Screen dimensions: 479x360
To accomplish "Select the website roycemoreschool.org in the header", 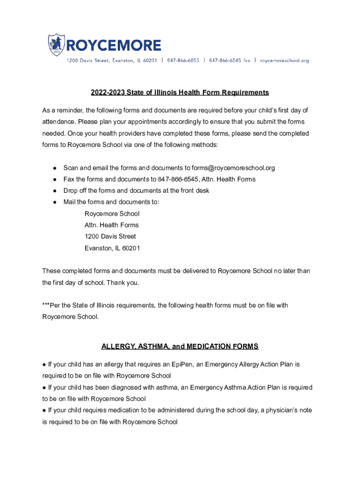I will click(x=284, y=60).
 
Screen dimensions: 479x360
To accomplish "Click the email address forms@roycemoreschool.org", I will click(x=233, y=168).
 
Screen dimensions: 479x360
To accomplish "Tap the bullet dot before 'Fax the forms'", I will click(x=55, y=179).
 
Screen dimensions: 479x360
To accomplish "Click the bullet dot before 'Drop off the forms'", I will click(x=55, y=191).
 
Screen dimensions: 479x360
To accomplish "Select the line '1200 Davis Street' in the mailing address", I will click(x=110, y=237).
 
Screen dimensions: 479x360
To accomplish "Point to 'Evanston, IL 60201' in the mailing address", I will click(x=112, y=248).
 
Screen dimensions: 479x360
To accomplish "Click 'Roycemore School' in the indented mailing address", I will click(x=112, y=214).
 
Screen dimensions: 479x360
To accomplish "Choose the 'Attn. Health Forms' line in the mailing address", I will click(x=112, y=225).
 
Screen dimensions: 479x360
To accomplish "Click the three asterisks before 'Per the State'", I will click(x=46, y=305).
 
